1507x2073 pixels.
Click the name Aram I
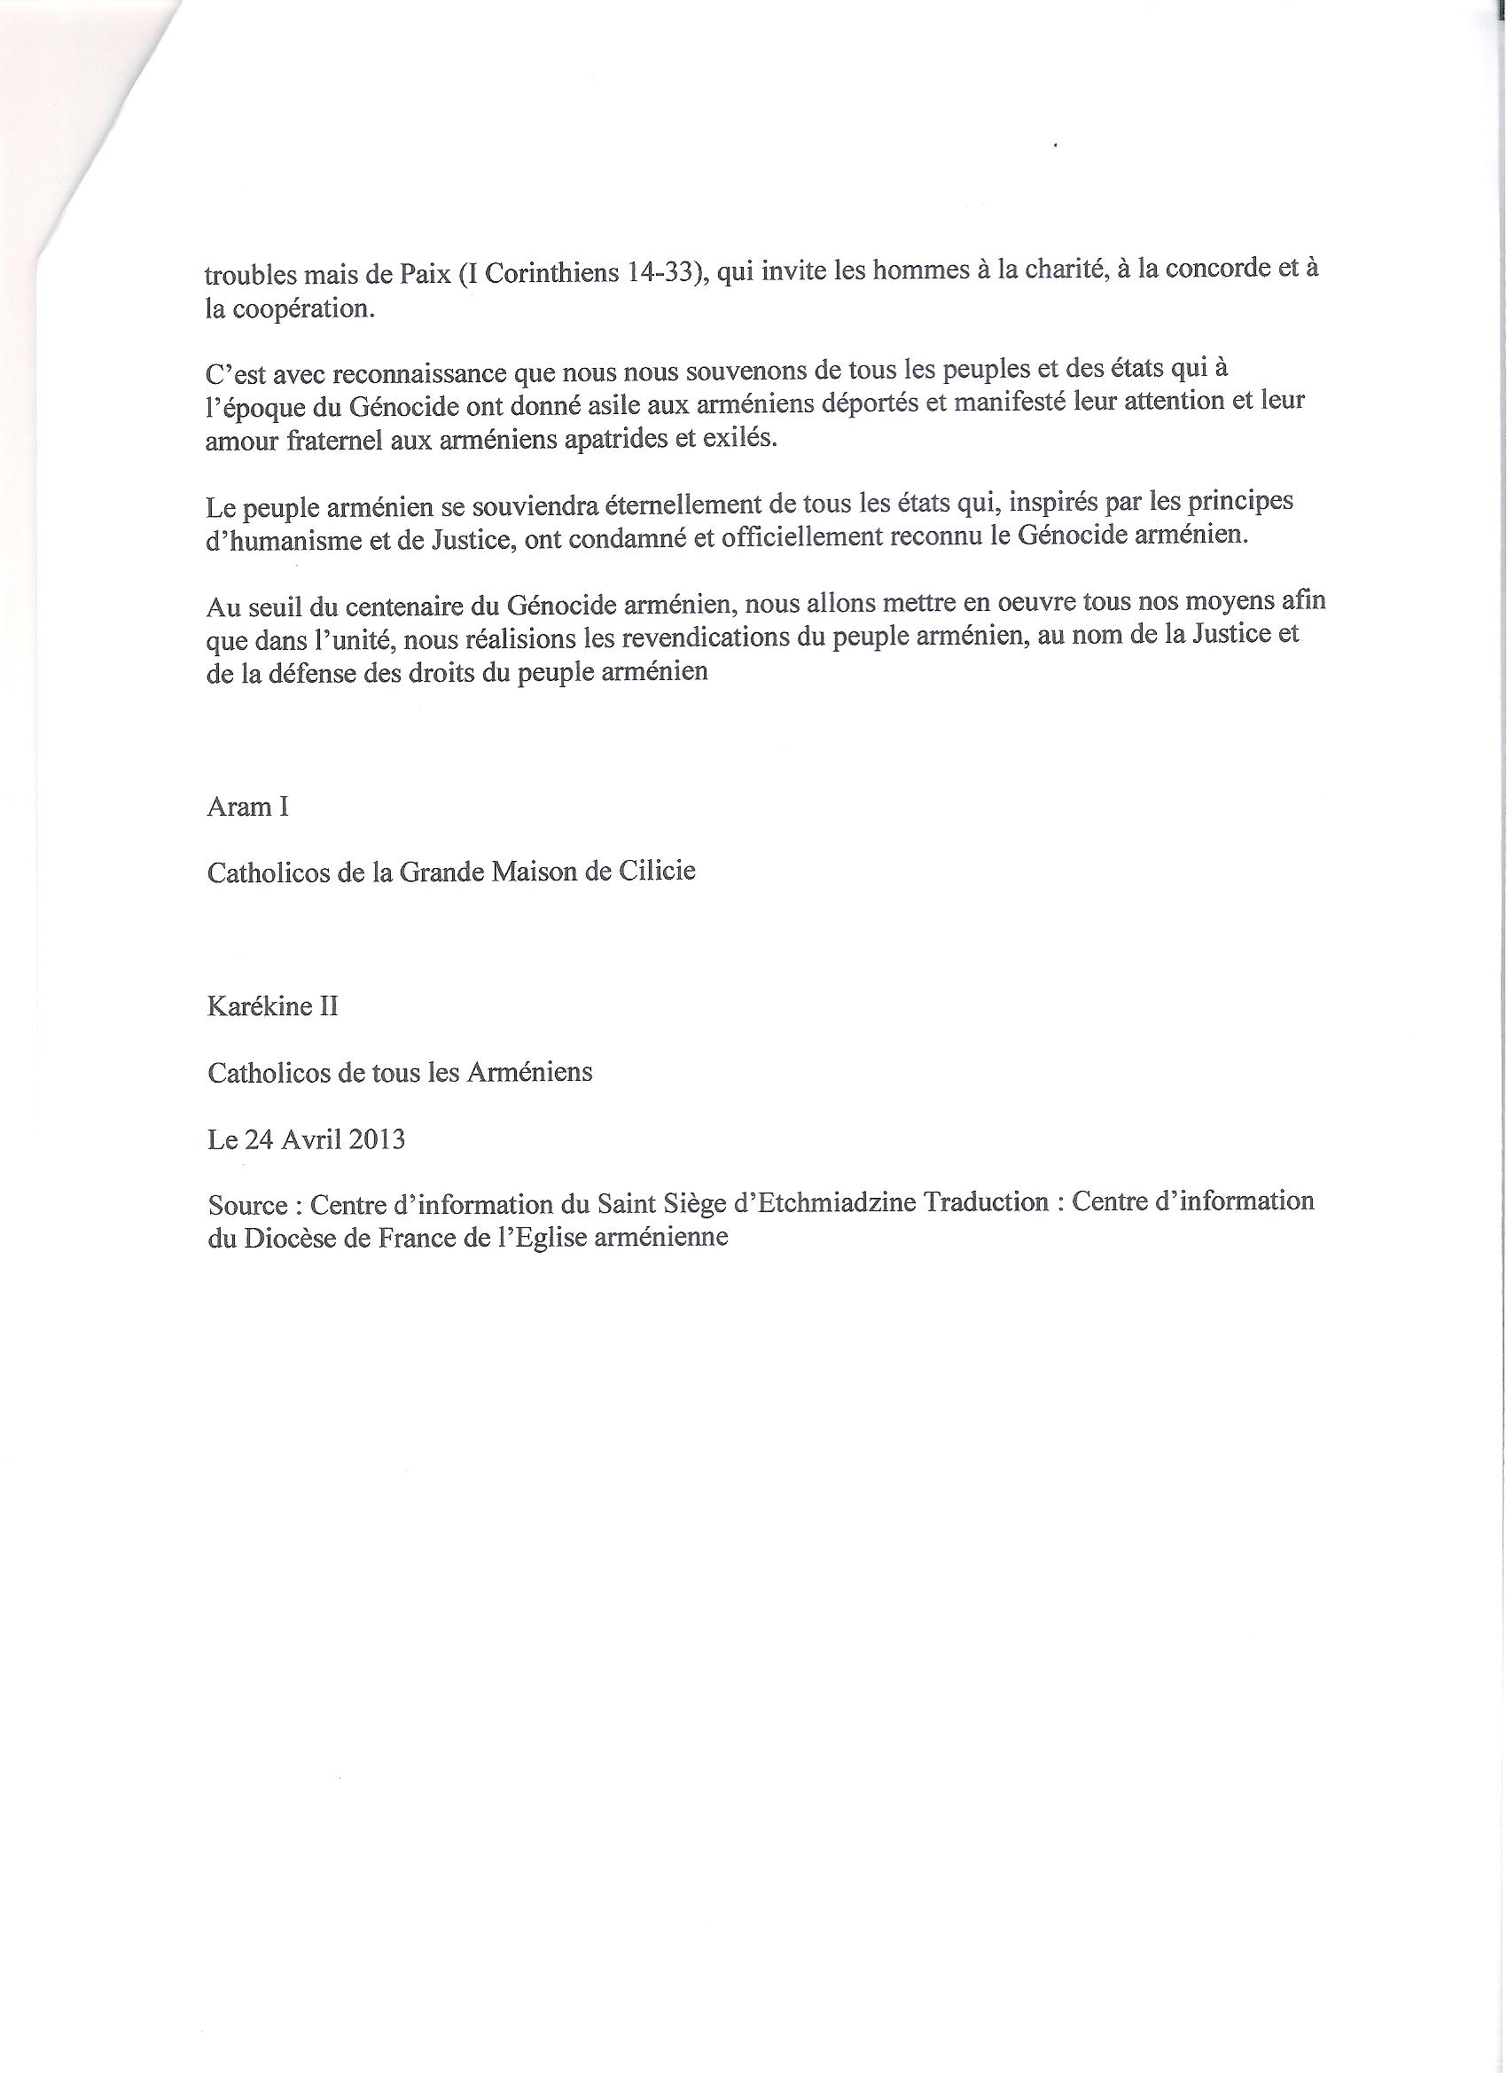tap(247, 807)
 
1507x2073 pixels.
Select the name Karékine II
tap(272, 1008)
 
